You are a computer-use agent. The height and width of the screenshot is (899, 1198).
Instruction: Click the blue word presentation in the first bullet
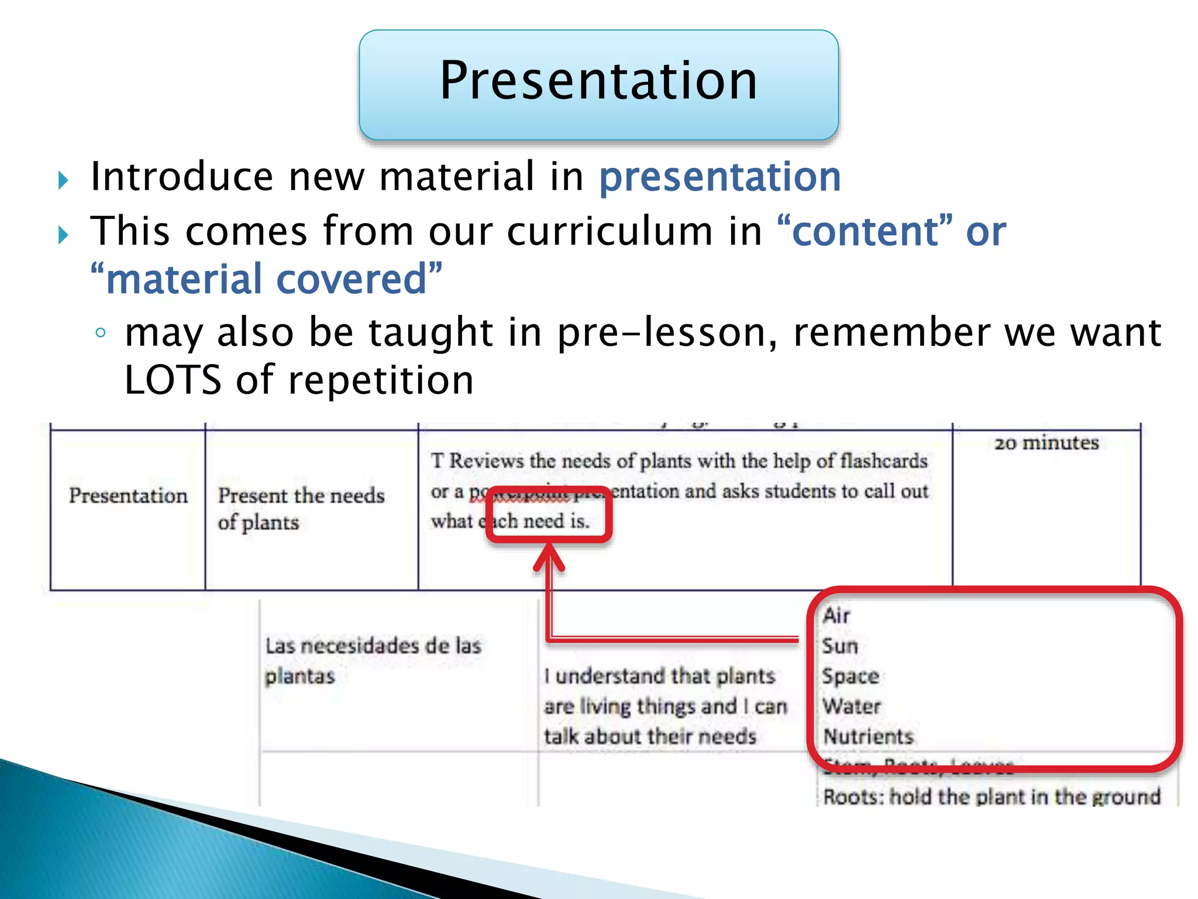(x=720, y=177)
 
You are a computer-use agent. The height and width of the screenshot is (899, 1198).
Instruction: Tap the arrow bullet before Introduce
(x=64, y=180)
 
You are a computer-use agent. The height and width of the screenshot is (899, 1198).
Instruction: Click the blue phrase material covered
(x=266, y=279)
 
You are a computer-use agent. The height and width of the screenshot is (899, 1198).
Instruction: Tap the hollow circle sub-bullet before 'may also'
(x=101, y=333)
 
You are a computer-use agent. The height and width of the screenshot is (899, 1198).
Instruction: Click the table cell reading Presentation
(x=128, y=496)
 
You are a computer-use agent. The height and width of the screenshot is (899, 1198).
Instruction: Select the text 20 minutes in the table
(x=1046, y=443)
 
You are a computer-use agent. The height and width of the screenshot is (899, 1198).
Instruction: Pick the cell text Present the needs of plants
(x=301, y=509)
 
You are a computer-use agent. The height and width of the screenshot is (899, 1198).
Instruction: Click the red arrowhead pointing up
(x=549, y=556)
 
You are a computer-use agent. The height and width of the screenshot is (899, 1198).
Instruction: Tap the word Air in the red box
(x=836, y=616)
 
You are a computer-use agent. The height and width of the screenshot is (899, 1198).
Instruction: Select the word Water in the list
(x=852, y=706)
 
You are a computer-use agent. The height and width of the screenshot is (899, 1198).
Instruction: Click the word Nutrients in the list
(x=868, y=736)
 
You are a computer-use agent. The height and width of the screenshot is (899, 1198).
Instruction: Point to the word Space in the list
(x=851, y=676)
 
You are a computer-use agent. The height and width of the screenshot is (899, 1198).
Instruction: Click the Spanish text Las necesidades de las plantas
(x=372, y=661)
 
